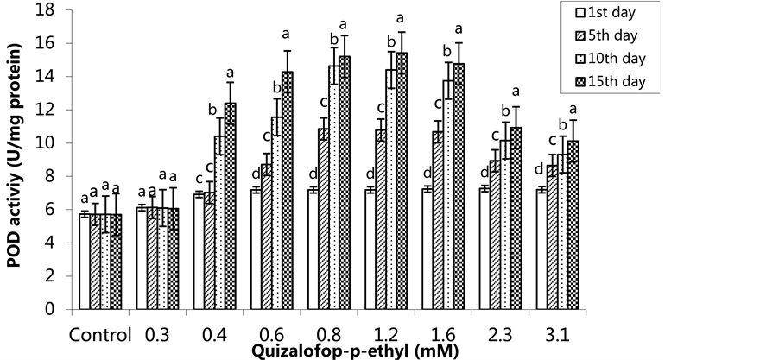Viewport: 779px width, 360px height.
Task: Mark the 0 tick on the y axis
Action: coord(60,309)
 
